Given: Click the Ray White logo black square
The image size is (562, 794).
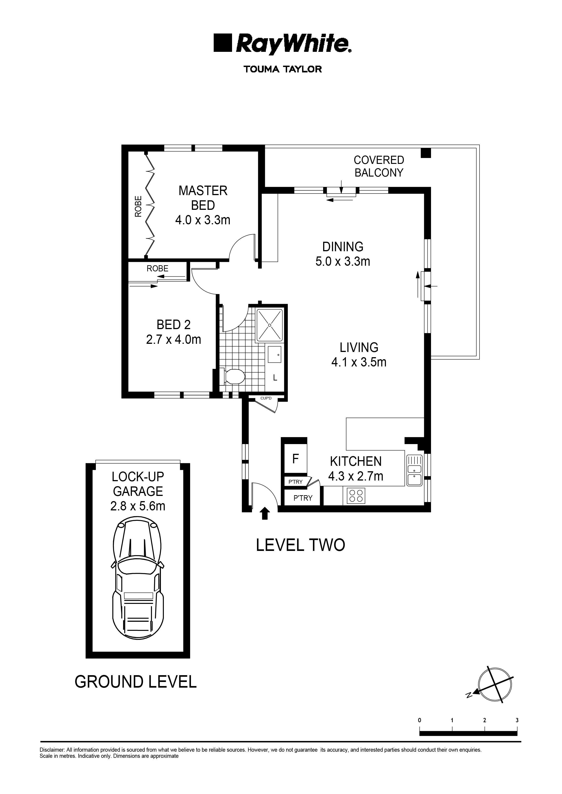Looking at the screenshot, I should point(222,43).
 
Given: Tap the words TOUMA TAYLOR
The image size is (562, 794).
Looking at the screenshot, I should point(283,69).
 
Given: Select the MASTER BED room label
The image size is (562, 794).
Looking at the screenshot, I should point(203,198).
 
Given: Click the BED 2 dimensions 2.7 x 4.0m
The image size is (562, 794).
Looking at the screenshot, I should point(174,340).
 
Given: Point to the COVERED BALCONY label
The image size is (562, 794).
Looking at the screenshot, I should point(379,166).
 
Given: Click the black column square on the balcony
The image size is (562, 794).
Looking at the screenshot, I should point(426,153).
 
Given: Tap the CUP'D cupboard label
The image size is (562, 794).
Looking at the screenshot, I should point(266,398).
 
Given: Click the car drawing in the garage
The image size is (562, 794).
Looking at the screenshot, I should point(138,581).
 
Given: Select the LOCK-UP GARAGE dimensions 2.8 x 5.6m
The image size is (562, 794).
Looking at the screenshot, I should point(138,506).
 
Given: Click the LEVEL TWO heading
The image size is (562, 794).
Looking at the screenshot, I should point(300,545).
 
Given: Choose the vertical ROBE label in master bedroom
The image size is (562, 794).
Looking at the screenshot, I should point(138,206).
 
